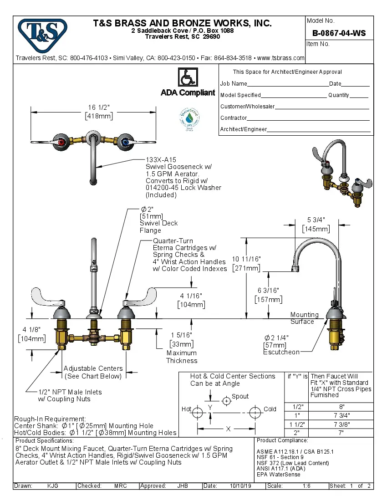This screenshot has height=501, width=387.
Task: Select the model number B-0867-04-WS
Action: [339, 33]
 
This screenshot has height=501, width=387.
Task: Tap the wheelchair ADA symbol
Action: [187, 77]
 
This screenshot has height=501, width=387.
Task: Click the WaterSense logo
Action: [188, 118]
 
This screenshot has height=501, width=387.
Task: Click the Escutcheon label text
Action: [281, 352]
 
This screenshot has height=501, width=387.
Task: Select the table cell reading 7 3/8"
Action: [341, 424]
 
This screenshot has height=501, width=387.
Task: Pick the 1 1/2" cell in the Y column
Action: [296, 424]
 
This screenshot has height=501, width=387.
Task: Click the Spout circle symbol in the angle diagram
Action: [226, 401]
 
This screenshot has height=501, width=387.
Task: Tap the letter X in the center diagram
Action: [229, 429]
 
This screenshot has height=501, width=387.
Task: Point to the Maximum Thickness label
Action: [182, 357]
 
